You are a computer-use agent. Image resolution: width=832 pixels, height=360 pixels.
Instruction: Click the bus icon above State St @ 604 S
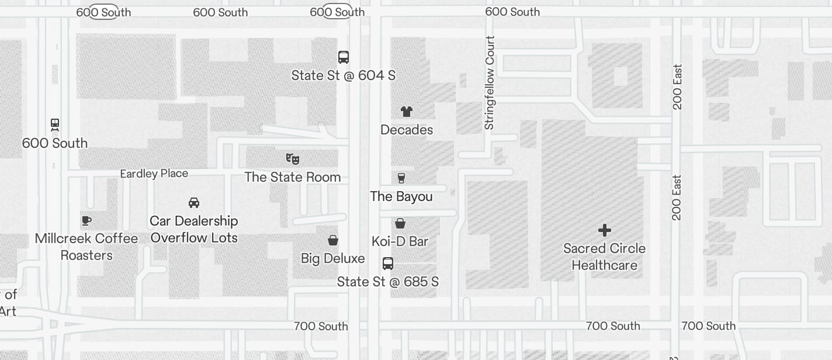click(x=344, y=57)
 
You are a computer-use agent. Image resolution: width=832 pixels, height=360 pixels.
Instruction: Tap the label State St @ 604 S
click(x=344, y=75)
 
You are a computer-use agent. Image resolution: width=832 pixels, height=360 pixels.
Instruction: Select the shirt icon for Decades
click(x=407, y=111)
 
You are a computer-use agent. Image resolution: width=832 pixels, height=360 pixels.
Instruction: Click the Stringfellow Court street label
click(x=490, y=82)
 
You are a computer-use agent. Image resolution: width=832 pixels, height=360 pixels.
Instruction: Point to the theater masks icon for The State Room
click(x=293, y=158)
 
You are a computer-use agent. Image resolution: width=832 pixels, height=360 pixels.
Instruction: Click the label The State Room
click(x=293, y=177)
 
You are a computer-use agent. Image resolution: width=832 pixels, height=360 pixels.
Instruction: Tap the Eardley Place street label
click(x=154, y=174)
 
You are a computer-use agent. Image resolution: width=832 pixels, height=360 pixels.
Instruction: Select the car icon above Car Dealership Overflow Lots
click(x=194, y=202)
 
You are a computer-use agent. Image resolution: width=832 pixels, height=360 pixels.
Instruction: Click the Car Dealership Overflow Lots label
click(x=194, y=229)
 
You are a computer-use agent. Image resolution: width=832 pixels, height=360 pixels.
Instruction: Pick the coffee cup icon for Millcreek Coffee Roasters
click(x=86, y=220)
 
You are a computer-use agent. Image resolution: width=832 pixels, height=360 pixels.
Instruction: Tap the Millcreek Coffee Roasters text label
click(x=86, y=247)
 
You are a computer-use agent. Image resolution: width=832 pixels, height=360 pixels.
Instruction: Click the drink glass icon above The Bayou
click(x=401, y=178)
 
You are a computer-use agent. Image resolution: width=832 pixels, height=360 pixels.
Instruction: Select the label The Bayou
click(x=401, y=196)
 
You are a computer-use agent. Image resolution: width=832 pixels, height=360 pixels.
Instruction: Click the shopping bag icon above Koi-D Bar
click(x=400, y=223)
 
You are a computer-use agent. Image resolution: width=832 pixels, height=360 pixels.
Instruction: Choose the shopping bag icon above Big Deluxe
click(x=333, y=240)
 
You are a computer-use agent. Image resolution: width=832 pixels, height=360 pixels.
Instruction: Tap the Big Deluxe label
click(x=333, y=258)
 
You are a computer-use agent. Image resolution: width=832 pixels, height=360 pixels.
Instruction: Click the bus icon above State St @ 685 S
click(x=388, y=263)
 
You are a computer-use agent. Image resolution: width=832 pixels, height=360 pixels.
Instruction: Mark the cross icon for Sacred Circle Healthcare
click(x=605, y=230)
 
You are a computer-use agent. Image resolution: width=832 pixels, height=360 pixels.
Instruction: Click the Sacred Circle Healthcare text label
click(x=605, y=257)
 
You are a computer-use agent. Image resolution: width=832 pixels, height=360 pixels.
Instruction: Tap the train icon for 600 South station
click(x=55, y=124)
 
